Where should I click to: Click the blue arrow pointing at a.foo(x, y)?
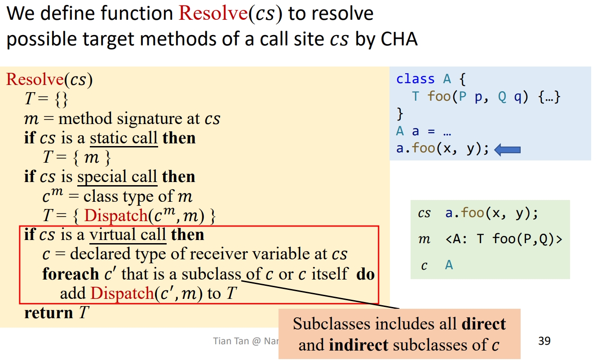pos(507,150)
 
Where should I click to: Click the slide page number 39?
pos(544,341)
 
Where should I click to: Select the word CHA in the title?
pos(399,39)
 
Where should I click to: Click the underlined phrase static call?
pos(124,138)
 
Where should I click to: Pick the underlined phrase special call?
pos(117,177)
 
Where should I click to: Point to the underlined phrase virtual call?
pos(128,235)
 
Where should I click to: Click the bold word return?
pos(49,313)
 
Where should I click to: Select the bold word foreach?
pos(71,274)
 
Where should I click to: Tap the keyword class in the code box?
pos(415,79)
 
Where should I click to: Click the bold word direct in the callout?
pos(483,324)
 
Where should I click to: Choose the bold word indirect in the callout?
pos(358,345)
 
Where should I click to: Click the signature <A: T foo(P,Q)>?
pos(504,239)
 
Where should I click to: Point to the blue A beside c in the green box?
pos(449,265)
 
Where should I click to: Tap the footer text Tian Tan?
pos(231,341)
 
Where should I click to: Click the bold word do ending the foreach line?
pos(365,274)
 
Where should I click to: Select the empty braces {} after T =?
pos(61,99)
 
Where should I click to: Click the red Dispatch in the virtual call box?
pos(122,293)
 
